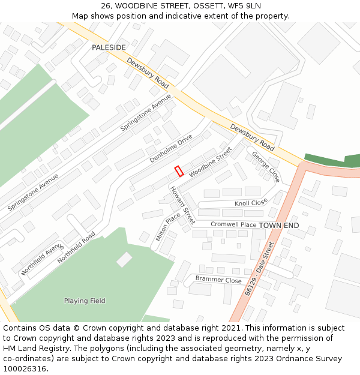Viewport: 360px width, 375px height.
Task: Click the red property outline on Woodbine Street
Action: (179, 171)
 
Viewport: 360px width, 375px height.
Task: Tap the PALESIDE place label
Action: (109, 47)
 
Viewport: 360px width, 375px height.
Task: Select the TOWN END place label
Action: (279, 225)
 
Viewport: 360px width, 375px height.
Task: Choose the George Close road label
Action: (265, 166)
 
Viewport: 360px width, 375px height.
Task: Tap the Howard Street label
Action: (182, 205)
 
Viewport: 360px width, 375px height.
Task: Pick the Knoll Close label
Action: (251, 203)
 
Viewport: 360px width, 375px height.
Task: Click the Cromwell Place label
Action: (233, 224)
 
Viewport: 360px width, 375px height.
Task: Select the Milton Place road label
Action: (168, 227)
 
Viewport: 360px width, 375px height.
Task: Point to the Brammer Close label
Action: (218, 280)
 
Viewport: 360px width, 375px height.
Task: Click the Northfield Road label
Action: (76, 248)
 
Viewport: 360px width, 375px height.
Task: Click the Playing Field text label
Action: (85, 301)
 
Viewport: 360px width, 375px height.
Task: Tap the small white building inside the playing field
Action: (124, 259)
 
